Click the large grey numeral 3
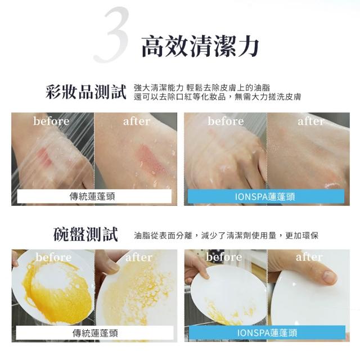111,34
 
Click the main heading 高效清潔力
200,47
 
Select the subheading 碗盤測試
85,235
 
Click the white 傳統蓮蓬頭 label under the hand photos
94,196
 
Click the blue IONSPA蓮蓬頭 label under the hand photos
266,196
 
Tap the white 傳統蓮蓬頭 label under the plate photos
95,332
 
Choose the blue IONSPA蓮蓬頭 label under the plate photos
267,332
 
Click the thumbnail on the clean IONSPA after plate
329,277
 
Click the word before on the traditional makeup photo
51,121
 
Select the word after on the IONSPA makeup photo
311,121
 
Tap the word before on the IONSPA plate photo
224,256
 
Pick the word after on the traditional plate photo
139,257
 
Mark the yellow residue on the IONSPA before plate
227,313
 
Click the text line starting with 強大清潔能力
202,88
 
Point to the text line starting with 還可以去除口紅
217,97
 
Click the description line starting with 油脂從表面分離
226,235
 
